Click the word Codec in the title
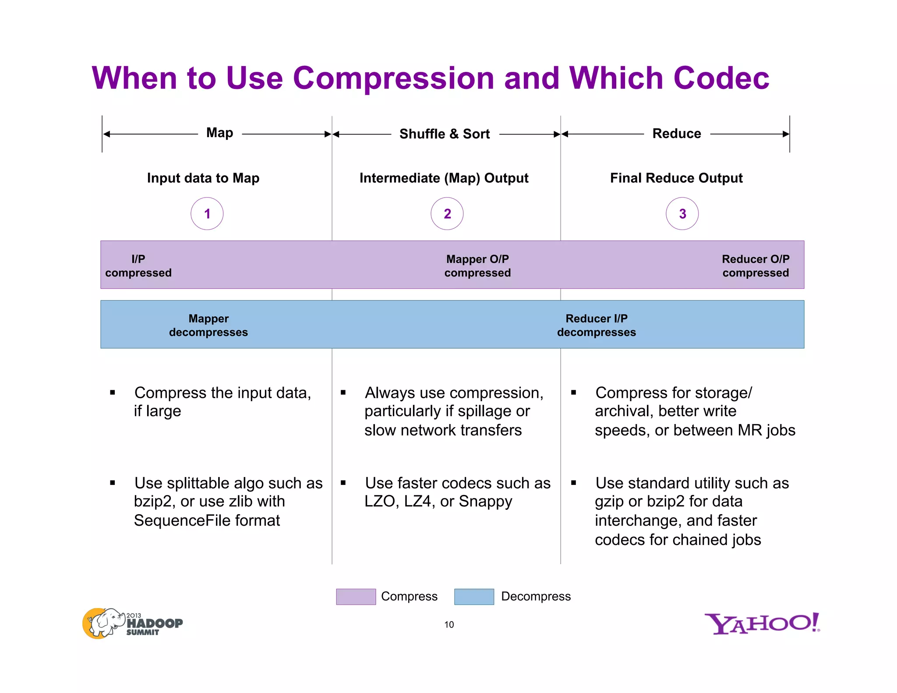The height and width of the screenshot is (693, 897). point(721,78)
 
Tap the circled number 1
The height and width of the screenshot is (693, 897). point(207,214)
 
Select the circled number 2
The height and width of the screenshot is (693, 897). point(447,214)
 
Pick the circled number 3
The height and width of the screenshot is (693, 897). point(682,214)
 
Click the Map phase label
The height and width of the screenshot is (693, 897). point(219,133)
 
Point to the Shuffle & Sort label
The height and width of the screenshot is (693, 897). point(444,134)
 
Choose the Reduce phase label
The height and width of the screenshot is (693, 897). point(676,134)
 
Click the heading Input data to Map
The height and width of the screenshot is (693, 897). point(203,178)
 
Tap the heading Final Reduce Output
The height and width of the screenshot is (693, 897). point(676,178)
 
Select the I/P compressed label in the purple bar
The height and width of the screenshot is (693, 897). point(138,266)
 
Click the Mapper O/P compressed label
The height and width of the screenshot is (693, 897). point(477,266)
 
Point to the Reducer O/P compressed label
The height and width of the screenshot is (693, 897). point(756,266)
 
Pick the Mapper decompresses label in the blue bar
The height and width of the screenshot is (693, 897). point(208,325)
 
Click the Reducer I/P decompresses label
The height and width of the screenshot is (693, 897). point(597,325)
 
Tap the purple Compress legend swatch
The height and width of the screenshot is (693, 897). point(356,597)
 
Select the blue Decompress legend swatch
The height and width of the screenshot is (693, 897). point(474,597)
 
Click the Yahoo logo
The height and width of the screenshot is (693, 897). point(762,623)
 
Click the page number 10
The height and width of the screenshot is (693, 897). point(449,625)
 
